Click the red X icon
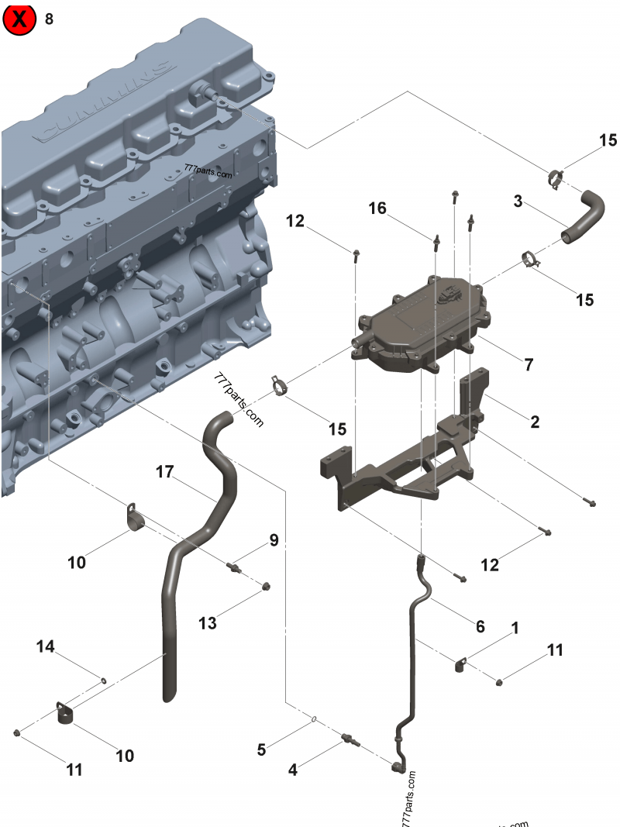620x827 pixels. pos(21,20)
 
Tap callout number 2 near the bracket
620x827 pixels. pos(535,422)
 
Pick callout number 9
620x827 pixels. pos(274,539)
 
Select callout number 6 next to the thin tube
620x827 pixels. pos(480,625)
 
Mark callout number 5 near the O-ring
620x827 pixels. pos(262,749)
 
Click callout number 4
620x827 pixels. pos(292,770)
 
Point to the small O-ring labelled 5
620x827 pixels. pos(313,720)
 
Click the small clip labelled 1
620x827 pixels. pos(460,663)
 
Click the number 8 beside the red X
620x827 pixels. pos(50,20)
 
